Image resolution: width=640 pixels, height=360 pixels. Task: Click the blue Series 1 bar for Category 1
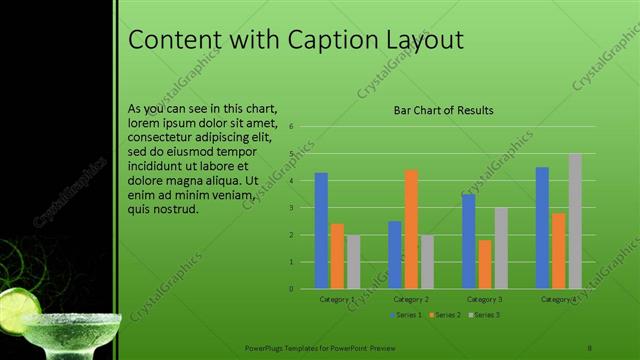(x=321, y=230)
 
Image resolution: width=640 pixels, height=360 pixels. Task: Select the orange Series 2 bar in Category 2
(x=411, y=229)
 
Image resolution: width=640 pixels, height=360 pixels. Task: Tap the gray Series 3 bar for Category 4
(x=575, y=221)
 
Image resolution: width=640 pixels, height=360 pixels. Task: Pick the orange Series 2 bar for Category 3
(x=485, y=264)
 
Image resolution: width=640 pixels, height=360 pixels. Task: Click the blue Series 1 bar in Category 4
(x=542, y=227)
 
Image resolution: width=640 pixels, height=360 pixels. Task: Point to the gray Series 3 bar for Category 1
(x=353, y=261)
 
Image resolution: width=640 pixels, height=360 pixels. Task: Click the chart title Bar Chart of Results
(x=443, y=111)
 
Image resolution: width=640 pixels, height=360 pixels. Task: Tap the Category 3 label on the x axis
(x=485, y=298)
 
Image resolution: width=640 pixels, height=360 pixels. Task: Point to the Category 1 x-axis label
(x=337, y=298)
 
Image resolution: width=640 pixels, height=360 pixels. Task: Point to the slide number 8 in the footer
(x=590, y=347)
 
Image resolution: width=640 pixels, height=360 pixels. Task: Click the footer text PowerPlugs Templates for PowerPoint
(x=320, y=347)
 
